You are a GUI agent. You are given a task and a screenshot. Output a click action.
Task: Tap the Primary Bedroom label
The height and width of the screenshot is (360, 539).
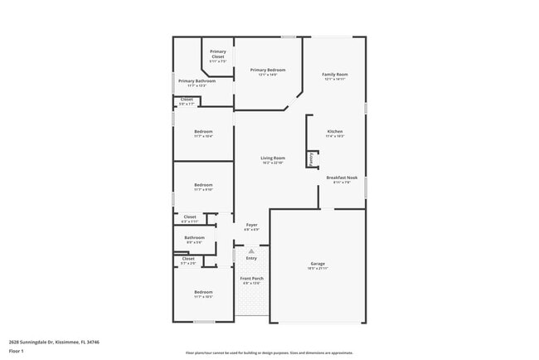(268, 70)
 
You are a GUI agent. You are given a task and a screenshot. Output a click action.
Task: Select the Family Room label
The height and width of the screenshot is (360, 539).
(335, 75)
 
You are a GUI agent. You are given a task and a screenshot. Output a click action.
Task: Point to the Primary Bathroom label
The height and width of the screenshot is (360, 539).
(197, 80)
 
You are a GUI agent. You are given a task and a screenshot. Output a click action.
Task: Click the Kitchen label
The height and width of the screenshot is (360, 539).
(335, 131)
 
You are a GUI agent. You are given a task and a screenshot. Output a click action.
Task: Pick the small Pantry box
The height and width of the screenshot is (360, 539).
(312, 158)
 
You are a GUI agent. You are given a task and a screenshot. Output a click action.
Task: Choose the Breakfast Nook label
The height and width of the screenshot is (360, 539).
(342, 178)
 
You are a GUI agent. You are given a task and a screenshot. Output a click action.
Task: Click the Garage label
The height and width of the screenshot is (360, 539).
(318, 264)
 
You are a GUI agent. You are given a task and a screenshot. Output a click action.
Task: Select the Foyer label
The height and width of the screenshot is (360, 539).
(251, 225)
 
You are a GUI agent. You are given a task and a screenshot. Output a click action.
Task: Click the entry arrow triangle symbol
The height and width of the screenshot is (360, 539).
(251, 250)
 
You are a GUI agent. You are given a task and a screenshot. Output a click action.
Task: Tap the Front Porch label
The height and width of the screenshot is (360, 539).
(251, 278)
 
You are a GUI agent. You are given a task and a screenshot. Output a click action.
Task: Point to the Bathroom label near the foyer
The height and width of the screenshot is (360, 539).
(194, 237)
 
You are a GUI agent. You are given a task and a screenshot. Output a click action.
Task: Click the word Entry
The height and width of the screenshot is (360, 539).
(251, 258)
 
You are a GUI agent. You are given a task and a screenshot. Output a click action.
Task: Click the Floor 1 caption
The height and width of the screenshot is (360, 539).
(17, 351)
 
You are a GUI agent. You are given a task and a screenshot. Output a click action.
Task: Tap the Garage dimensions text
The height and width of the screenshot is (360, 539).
(318, 269)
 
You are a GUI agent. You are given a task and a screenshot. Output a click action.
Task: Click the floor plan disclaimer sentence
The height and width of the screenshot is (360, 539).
(269, 352)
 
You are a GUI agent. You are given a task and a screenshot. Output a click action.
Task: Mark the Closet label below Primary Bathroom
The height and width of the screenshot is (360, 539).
(187, 100)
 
